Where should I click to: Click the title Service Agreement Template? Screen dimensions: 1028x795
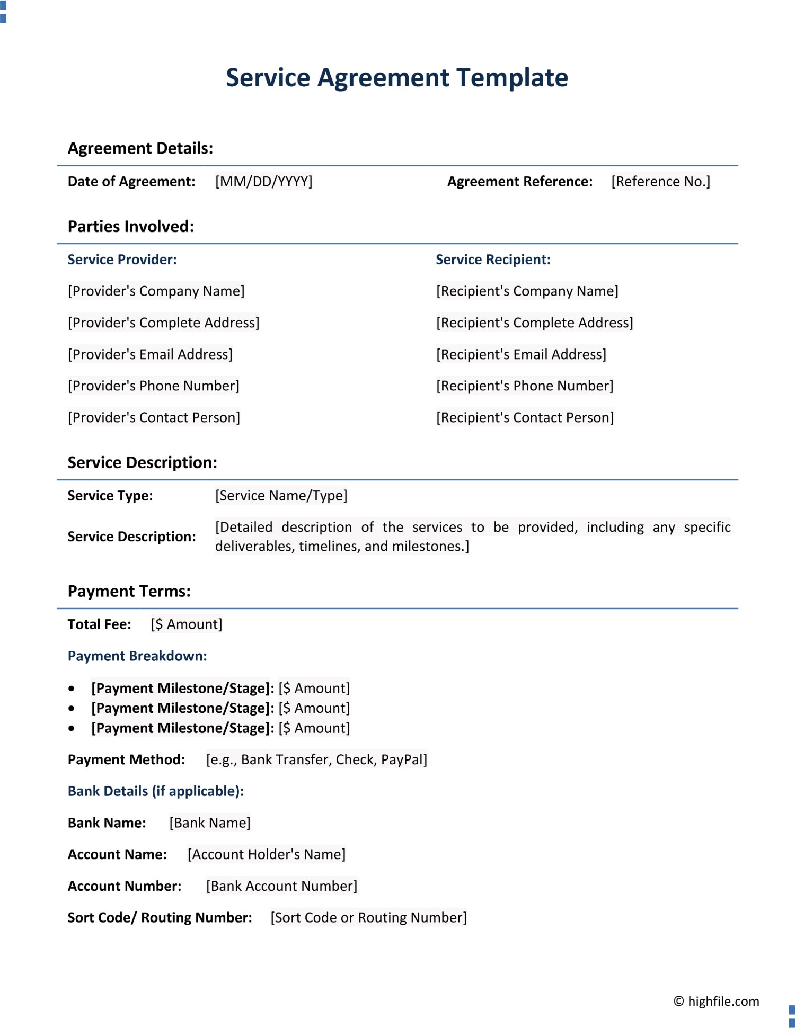click(x=397, y=78)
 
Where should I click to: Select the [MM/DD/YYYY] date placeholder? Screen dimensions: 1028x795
click(x=263, y=182)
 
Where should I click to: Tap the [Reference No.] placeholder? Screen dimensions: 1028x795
click(x=660, y=182)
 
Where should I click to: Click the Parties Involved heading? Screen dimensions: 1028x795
click(x=130, y=227)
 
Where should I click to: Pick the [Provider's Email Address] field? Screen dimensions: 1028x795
click(x=150, y=354)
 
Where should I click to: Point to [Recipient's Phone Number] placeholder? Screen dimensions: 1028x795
click(x=525, y=386)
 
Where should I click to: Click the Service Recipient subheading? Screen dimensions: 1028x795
click(x=493, y=260)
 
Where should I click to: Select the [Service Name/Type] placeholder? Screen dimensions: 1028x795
click(x=281, y=496)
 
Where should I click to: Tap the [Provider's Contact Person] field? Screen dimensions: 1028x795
click(x=154, y=417)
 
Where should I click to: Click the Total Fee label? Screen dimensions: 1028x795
click(x=99, y=624)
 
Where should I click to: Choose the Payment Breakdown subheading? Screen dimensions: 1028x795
click(x=137, y=656)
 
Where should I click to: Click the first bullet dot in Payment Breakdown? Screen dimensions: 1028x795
click(x=72, y=689)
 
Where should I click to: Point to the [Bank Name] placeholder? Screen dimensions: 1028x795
click(x=210, y=823)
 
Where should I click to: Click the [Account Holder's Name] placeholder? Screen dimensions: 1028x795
click(x=267, y=854)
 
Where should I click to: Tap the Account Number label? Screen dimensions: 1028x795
click(x=125, y=886)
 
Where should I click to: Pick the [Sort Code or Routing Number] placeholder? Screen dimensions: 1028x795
click(x=368, y=917)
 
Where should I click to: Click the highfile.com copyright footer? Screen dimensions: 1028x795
click(x=716, y=1001)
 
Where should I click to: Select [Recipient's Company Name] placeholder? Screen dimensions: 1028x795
click(x=527, y=291)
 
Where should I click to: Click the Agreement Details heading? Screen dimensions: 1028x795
click(x=140, y=148)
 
